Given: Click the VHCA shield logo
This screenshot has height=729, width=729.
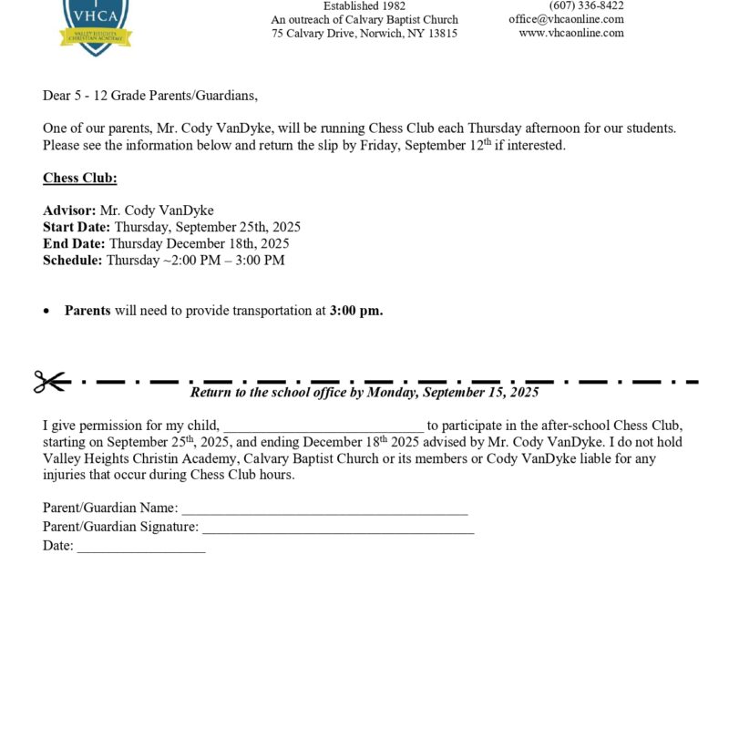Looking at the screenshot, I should pos(96,23).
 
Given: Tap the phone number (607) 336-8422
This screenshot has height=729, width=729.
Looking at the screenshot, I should pos(586,5).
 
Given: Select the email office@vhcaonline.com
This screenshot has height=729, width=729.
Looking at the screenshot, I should pos(566,19).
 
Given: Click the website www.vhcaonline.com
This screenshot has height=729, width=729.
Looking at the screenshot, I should pos(571,33).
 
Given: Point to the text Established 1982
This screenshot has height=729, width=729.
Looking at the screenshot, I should pos(364,5).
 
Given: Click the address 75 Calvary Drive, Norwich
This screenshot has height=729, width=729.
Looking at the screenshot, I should pos(364,33).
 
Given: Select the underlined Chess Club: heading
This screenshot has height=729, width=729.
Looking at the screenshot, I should pos(80,179).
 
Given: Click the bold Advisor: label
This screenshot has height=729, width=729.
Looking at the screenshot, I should pos(69,210).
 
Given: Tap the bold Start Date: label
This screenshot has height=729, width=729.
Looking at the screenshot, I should pos(77,227).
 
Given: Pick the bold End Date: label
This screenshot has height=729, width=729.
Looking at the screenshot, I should pos(74,243).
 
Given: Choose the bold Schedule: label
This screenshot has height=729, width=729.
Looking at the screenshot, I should pos(73,260).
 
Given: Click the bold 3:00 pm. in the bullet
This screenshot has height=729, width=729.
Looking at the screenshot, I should pos(356,311).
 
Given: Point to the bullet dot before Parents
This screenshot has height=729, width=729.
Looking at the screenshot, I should pos(47,312).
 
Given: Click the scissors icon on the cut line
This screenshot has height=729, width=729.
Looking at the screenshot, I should pos(50,382).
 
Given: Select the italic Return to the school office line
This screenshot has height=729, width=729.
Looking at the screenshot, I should pos(364,393).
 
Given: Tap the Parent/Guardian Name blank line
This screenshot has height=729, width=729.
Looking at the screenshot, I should pos(324,510).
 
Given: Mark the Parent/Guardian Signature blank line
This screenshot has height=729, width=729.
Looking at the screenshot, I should pos(338,529).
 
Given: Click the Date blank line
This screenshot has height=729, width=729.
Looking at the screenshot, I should pos(141,549).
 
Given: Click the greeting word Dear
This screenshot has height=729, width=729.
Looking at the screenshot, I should pos(56,96).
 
